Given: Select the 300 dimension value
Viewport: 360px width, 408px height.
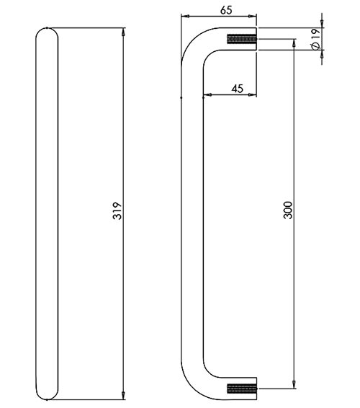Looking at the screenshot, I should [288, 210].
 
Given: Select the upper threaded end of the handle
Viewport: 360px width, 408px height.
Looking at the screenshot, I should [242, 40].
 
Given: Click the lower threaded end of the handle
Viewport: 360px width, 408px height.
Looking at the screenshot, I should [242, 391].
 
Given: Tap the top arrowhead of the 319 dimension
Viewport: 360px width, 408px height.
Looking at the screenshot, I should [125, 32].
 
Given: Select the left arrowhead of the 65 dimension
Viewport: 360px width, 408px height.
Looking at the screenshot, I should [184, 17].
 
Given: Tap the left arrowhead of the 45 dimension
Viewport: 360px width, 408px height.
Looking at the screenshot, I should [207, 95].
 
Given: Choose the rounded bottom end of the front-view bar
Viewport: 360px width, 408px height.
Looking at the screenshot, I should [45, 393].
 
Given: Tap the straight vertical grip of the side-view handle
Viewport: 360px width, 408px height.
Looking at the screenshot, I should [192, 216].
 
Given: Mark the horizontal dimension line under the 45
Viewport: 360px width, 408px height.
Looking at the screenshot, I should [230, 95].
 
